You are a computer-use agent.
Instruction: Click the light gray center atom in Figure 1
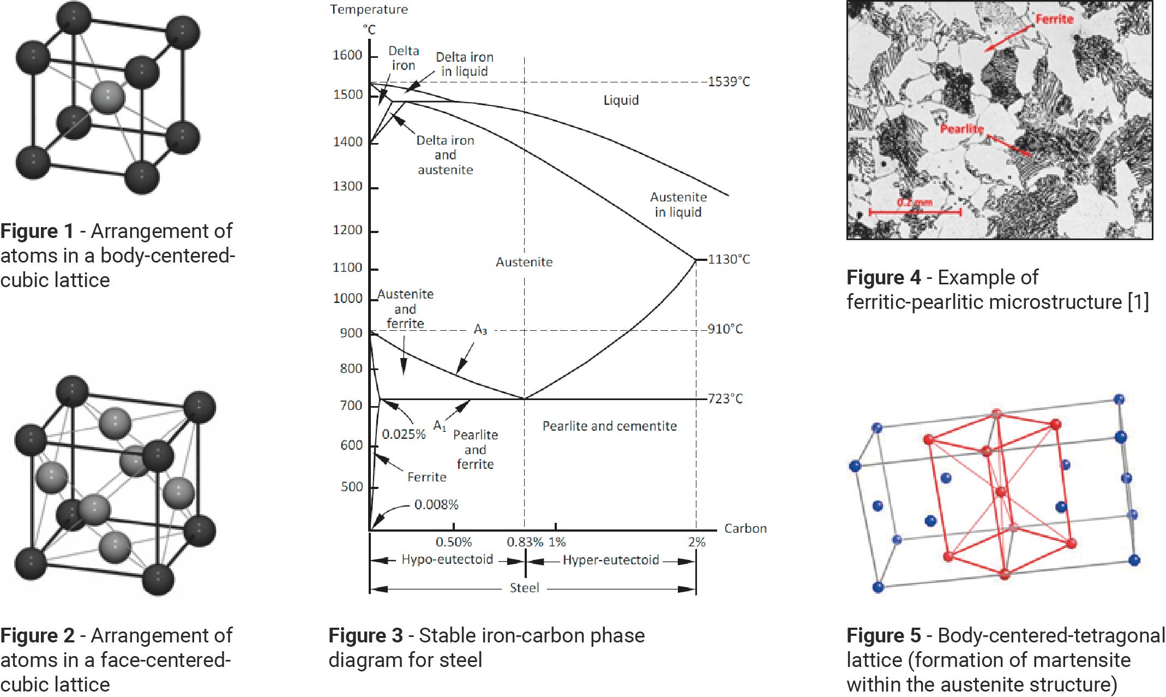coord(107,98)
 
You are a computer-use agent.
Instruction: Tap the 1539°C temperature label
coord(729,82)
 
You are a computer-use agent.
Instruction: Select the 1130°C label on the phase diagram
coord(729,259)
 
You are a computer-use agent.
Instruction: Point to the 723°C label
coord(725,398)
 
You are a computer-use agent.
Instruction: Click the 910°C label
coord(725,329)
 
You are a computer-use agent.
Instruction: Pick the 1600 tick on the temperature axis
coord(347,55)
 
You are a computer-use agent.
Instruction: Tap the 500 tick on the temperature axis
coord(351,487)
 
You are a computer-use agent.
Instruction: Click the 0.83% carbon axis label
coord(525,542)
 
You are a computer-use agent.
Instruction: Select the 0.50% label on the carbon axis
coord(453,542)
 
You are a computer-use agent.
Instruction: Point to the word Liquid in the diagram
coord(621,100)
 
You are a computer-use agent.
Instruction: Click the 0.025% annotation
coord(404,434)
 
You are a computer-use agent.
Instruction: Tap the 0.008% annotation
coord(436,504)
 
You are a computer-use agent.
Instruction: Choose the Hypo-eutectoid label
coord(447,559)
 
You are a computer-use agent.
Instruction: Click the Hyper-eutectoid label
coord(611,560)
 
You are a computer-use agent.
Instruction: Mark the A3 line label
coord(480,330)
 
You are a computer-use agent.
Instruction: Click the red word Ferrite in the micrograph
coord(1054,19)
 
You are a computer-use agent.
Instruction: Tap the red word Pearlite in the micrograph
coord(961,129)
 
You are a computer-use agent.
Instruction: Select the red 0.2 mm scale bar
coord(915,211)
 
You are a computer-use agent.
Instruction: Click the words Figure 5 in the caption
coord(883,635)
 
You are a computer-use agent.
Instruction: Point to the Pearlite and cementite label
coord(609,426)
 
